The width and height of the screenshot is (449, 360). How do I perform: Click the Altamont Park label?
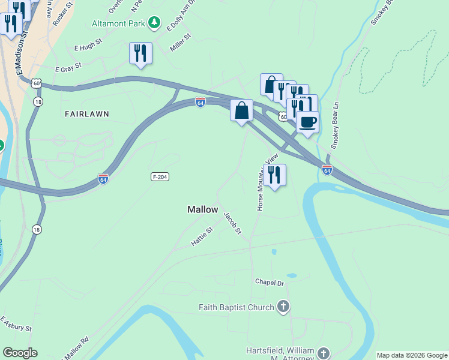pos(119,23)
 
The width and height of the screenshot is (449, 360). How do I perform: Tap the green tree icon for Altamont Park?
pos(155,23)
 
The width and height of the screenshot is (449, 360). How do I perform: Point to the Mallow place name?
pos(202,209)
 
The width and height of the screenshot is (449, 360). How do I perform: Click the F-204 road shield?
pos(159,176)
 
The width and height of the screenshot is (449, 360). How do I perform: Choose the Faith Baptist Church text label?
pos(237,308)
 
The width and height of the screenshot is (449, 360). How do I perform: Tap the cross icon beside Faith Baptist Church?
pos(283,307)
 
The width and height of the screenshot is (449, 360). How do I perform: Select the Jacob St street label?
pos(232,223)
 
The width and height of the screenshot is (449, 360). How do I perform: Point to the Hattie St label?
pos(202,236)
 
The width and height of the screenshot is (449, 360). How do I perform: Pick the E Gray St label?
pos(68,70)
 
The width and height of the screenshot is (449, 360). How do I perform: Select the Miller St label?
pos(180,43)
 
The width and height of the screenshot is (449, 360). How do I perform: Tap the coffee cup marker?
pos(307,122)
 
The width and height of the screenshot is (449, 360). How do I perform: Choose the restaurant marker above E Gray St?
pos(140,53)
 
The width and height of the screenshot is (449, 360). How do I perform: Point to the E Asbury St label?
pos(16,324)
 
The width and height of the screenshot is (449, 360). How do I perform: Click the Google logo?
pos(20,353)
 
